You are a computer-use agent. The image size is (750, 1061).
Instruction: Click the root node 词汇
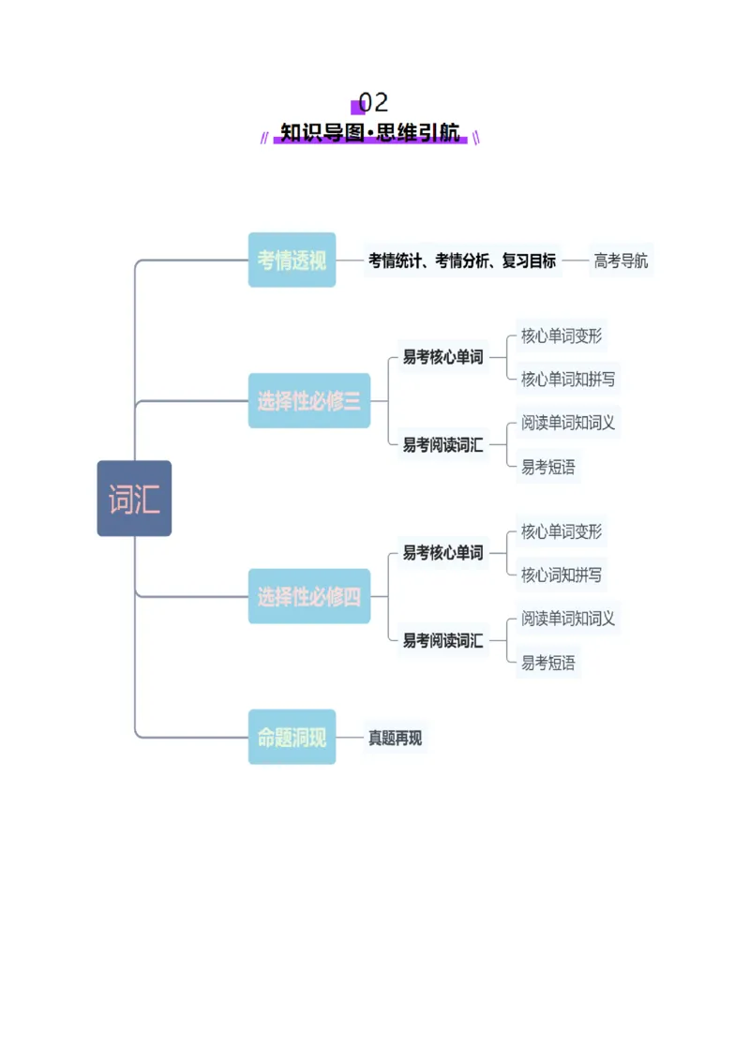click(134, 499)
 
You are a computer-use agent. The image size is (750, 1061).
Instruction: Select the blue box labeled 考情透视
click(292, 260)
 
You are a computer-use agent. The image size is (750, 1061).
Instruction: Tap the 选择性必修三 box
click(309, 401)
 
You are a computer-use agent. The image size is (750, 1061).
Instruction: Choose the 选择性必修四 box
click(309, 596)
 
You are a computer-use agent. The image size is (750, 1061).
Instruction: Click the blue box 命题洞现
click(292, 738)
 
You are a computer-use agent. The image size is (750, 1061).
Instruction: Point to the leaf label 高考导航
click(621, 261)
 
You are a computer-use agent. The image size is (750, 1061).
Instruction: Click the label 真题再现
click(395, 739)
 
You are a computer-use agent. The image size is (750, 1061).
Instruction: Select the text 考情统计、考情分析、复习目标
click(462, 261)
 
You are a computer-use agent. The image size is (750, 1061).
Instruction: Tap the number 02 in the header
click(373, 102)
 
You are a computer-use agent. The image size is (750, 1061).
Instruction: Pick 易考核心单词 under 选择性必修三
click(442, 357)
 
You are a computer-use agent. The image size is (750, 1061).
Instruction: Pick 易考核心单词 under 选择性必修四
click(442, 553)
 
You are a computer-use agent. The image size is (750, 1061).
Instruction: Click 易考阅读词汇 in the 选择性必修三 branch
click(442, 445)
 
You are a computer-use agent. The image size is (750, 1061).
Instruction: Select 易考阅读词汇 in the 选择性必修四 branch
click(442, 641)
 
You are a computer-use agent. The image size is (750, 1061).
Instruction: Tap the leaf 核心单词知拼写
click(568, 379)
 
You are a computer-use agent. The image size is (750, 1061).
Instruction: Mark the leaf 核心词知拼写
click(562, 575)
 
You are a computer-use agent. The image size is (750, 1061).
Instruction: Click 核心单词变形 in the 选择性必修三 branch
click(562, 336)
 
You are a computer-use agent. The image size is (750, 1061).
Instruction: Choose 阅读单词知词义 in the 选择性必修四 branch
click(568, 619)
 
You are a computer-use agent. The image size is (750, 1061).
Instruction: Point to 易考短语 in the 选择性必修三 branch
click(548, 467)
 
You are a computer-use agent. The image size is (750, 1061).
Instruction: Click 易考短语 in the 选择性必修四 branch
click(548, 663)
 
